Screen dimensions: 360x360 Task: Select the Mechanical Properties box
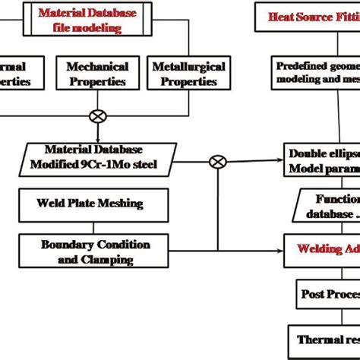(x=102, y=74)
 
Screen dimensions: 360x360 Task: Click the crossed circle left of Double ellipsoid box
(x=218, y=161)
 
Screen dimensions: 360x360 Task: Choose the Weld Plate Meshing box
(x=89, y=204)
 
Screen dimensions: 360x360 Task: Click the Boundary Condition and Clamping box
(x=95, y=251)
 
